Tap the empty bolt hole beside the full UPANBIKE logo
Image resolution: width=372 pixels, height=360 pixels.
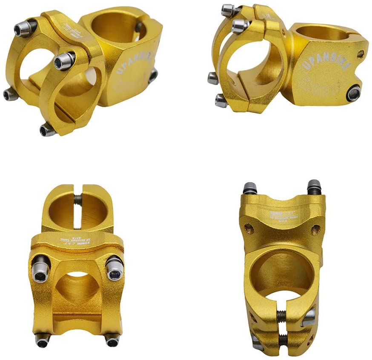click(361, 54)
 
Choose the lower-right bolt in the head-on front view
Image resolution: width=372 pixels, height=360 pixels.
click(112, 341)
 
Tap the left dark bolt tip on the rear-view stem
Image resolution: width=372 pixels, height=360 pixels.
click(250, 189)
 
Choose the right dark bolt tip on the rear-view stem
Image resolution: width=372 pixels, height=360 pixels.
click(314, 186)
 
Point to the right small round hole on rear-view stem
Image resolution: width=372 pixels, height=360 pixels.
click(315, 230)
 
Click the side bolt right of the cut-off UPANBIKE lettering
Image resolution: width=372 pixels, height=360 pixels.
click(152, 76)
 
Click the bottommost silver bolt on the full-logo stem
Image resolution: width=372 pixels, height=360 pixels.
click(220, 101)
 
